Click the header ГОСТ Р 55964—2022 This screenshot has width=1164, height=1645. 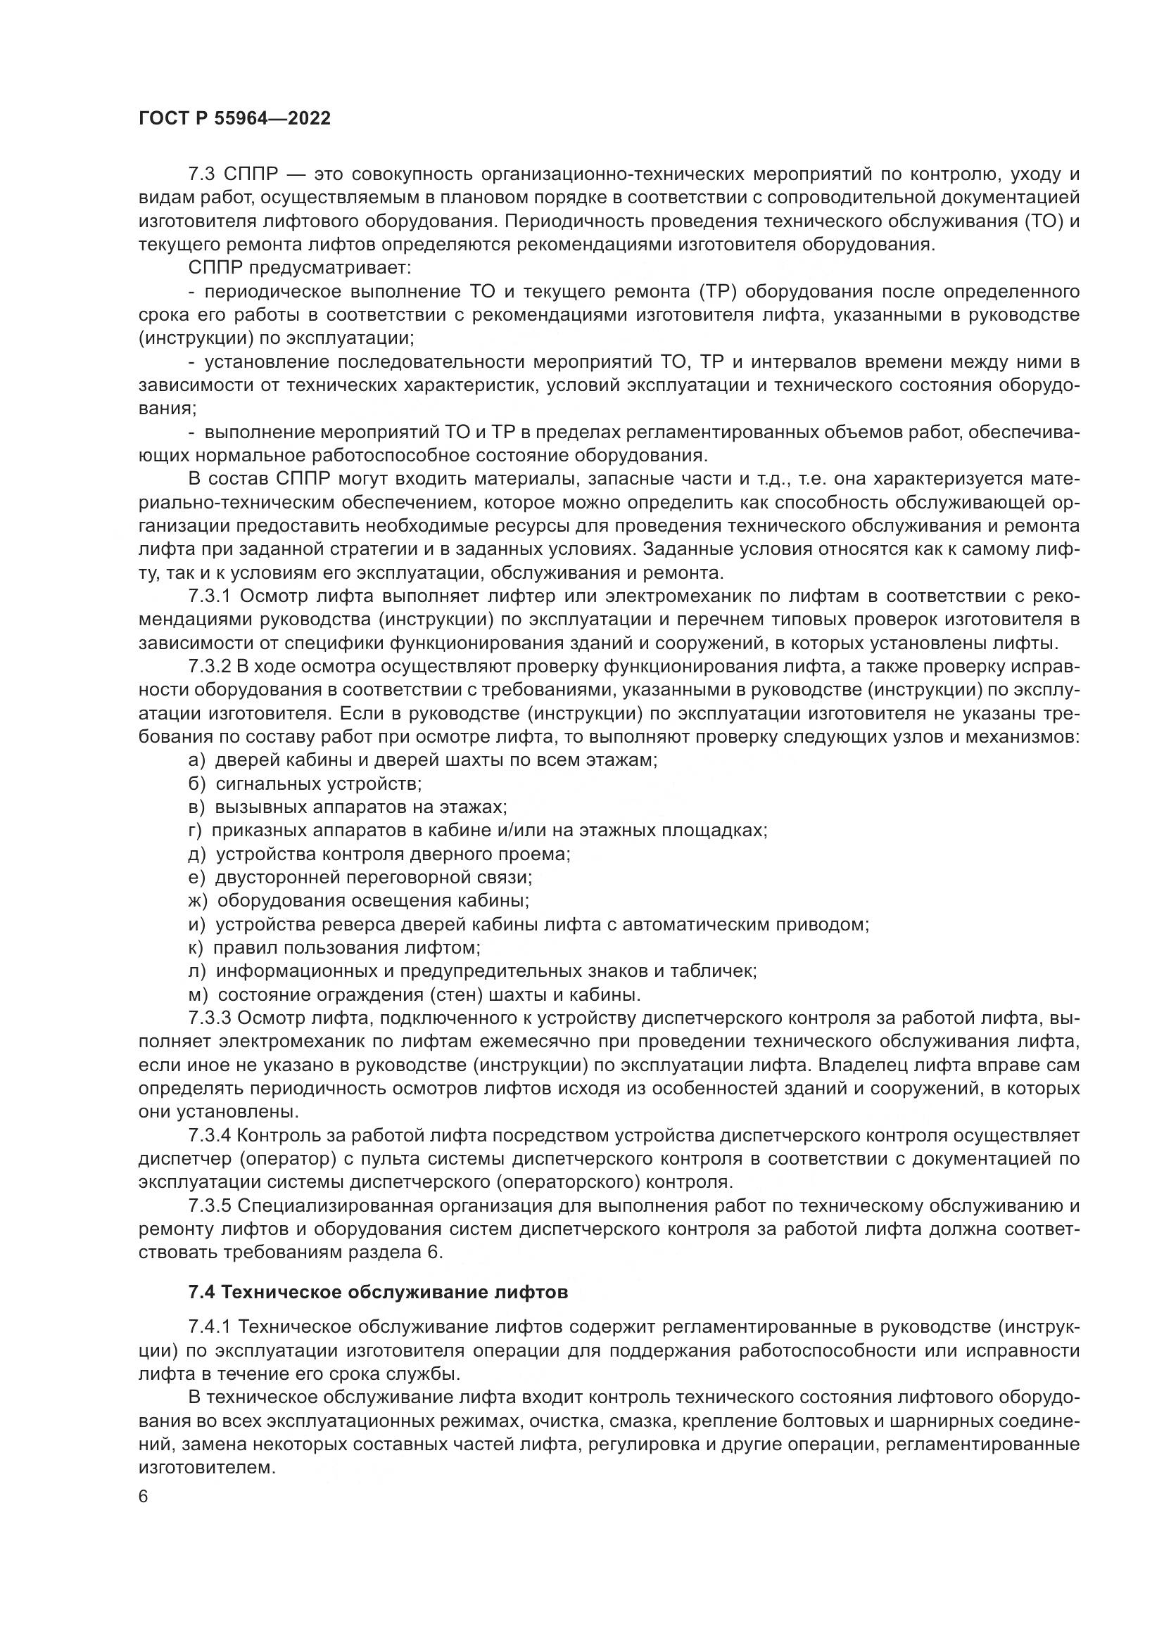(x=234, y=119)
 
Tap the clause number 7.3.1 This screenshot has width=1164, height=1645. (x=210, y=596)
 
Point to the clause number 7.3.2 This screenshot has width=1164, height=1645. (x=210, y=666)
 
